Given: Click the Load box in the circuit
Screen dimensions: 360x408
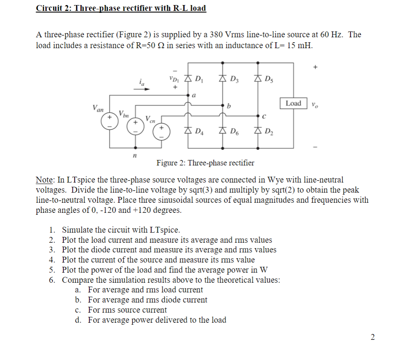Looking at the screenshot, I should click(x=293, y=103).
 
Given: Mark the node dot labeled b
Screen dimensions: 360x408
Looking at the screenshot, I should click(x=223, y=105).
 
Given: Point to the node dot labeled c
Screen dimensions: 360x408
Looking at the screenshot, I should click(x=257, y=115).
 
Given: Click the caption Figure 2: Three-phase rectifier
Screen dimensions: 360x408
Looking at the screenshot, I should click(x=205, y=163).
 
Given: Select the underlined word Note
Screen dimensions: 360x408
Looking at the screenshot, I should click(x=44, y=180).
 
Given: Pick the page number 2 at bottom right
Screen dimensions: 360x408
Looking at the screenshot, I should click(x=373, y=337).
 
